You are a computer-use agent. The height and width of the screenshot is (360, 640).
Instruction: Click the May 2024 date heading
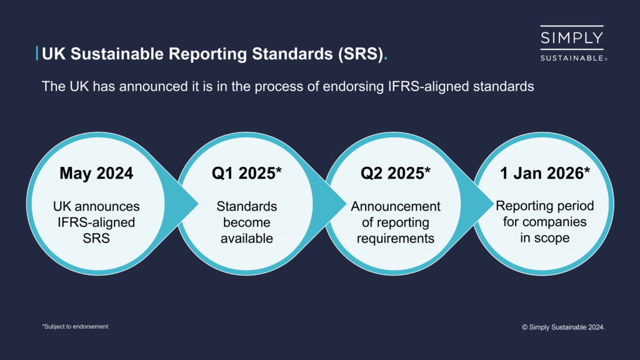pyautogui.click(x=96, y=173)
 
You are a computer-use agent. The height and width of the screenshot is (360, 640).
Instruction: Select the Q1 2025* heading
pyautogui.click(x=246, y=173)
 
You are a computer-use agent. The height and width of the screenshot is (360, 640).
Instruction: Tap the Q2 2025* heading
pyautogui.click(x=395, y=173)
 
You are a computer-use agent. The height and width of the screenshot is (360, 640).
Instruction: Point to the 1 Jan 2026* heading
pyautogui.click(x=544, y=173)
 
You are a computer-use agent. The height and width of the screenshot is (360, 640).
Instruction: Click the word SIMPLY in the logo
pyautogui.click(x=572, y=38)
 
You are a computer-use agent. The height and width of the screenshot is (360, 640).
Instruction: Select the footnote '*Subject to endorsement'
pyautogui.click(x=75, y=326)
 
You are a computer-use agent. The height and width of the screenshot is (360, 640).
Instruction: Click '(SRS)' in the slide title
pyautogui.click(x=359, y=54)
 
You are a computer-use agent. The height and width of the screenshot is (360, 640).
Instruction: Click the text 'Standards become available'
pyautogui.click(x=246, y=222)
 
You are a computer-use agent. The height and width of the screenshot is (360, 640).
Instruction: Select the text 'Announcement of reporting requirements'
pyautogui.click(x=395, y=222)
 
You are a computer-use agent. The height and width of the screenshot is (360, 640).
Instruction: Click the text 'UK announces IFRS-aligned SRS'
pyautogui.click(x=96, y=222)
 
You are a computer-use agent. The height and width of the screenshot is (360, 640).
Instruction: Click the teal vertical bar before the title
pyautogui.click(x=37, y=54)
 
